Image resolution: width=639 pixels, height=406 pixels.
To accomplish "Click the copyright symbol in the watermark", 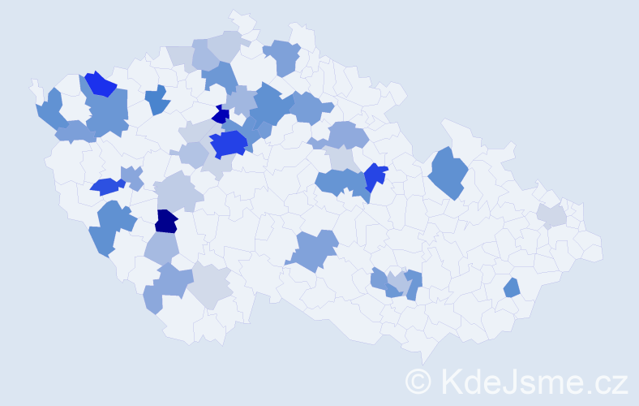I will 418,381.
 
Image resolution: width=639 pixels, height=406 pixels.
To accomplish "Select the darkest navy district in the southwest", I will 165,221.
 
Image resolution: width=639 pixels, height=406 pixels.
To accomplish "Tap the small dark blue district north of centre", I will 219,115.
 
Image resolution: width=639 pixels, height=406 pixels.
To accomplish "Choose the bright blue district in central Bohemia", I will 228,144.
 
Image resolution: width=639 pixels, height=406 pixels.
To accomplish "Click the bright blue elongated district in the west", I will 105,186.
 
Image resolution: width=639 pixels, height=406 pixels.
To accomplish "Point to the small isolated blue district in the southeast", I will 511,287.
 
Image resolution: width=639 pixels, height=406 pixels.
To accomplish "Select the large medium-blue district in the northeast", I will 448,172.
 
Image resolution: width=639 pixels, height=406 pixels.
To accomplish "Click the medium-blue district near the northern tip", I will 284,56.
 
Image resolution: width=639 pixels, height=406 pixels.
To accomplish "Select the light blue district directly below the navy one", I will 162,248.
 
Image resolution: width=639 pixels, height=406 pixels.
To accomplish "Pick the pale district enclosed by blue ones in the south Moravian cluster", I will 397,282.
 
